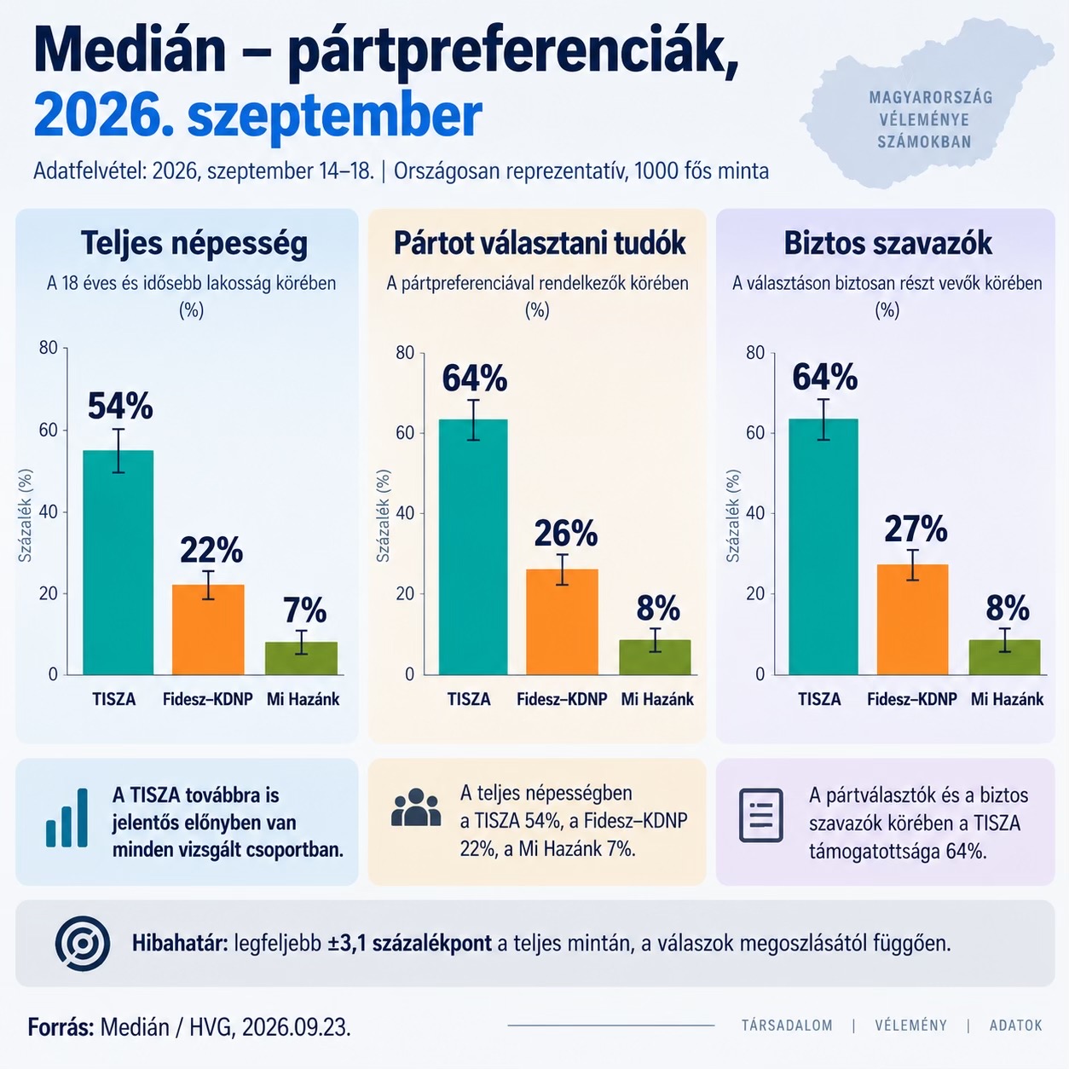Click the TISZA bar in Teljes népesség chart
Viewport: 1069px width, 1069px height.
[118, 563]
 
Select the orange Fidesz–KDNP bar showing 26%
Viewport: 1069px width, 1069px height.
[562, 621]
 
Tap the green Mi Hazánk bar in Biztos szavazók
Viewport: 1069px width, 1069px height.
[1005, 657]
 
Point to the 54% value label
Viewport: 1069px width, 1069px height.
[120, 406]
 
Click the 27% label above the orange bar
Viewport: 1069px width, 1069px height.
[916, 529]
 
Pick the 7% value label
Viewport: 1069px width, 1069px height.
[305, 610]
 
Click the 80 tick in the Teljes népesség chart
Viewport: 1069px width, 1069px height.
[49, 348]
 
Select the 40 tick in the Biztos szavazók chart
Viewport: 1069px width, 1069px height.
[755, 513]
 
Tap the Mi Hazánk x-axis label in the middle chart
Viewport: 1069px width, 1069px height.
[657, 699]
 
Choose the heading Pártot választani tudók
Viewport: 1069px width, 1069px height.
[540, 243]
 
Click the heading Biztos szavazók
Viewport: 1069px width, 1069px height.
[887, 243]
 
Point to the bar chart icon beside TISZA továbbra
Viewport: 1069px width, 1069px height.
[66, 818]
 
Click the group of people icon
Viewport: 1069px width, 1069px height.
[416, 807]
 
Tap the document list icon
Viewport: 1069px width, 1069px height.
[761, 815]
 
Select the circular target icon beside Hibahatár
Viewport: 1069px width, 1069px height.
[83, 944]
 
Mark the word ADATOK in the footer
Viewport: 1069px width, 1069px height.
[1016, 1026]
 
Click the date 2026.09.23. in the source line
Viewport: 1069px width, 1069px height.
[297, 1027]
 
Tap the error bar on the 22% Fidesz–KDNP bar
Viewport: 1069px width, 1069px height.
[208, 586]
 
